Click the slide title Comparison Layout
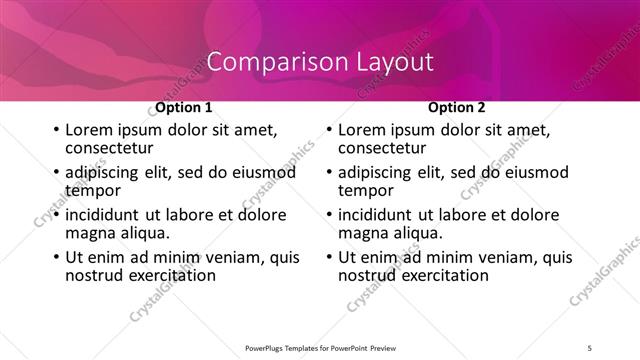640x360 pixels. pos(320,61)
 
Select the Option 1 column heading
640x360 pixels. pos(184,107)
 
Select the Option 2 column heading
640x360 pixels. pos(457,107)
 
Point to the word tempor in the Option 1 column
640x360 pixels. pos(93,190)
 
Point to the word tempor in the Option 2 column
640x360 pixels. pos(366,190)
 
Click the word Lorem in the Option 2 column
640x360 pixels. pos(362,130)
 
